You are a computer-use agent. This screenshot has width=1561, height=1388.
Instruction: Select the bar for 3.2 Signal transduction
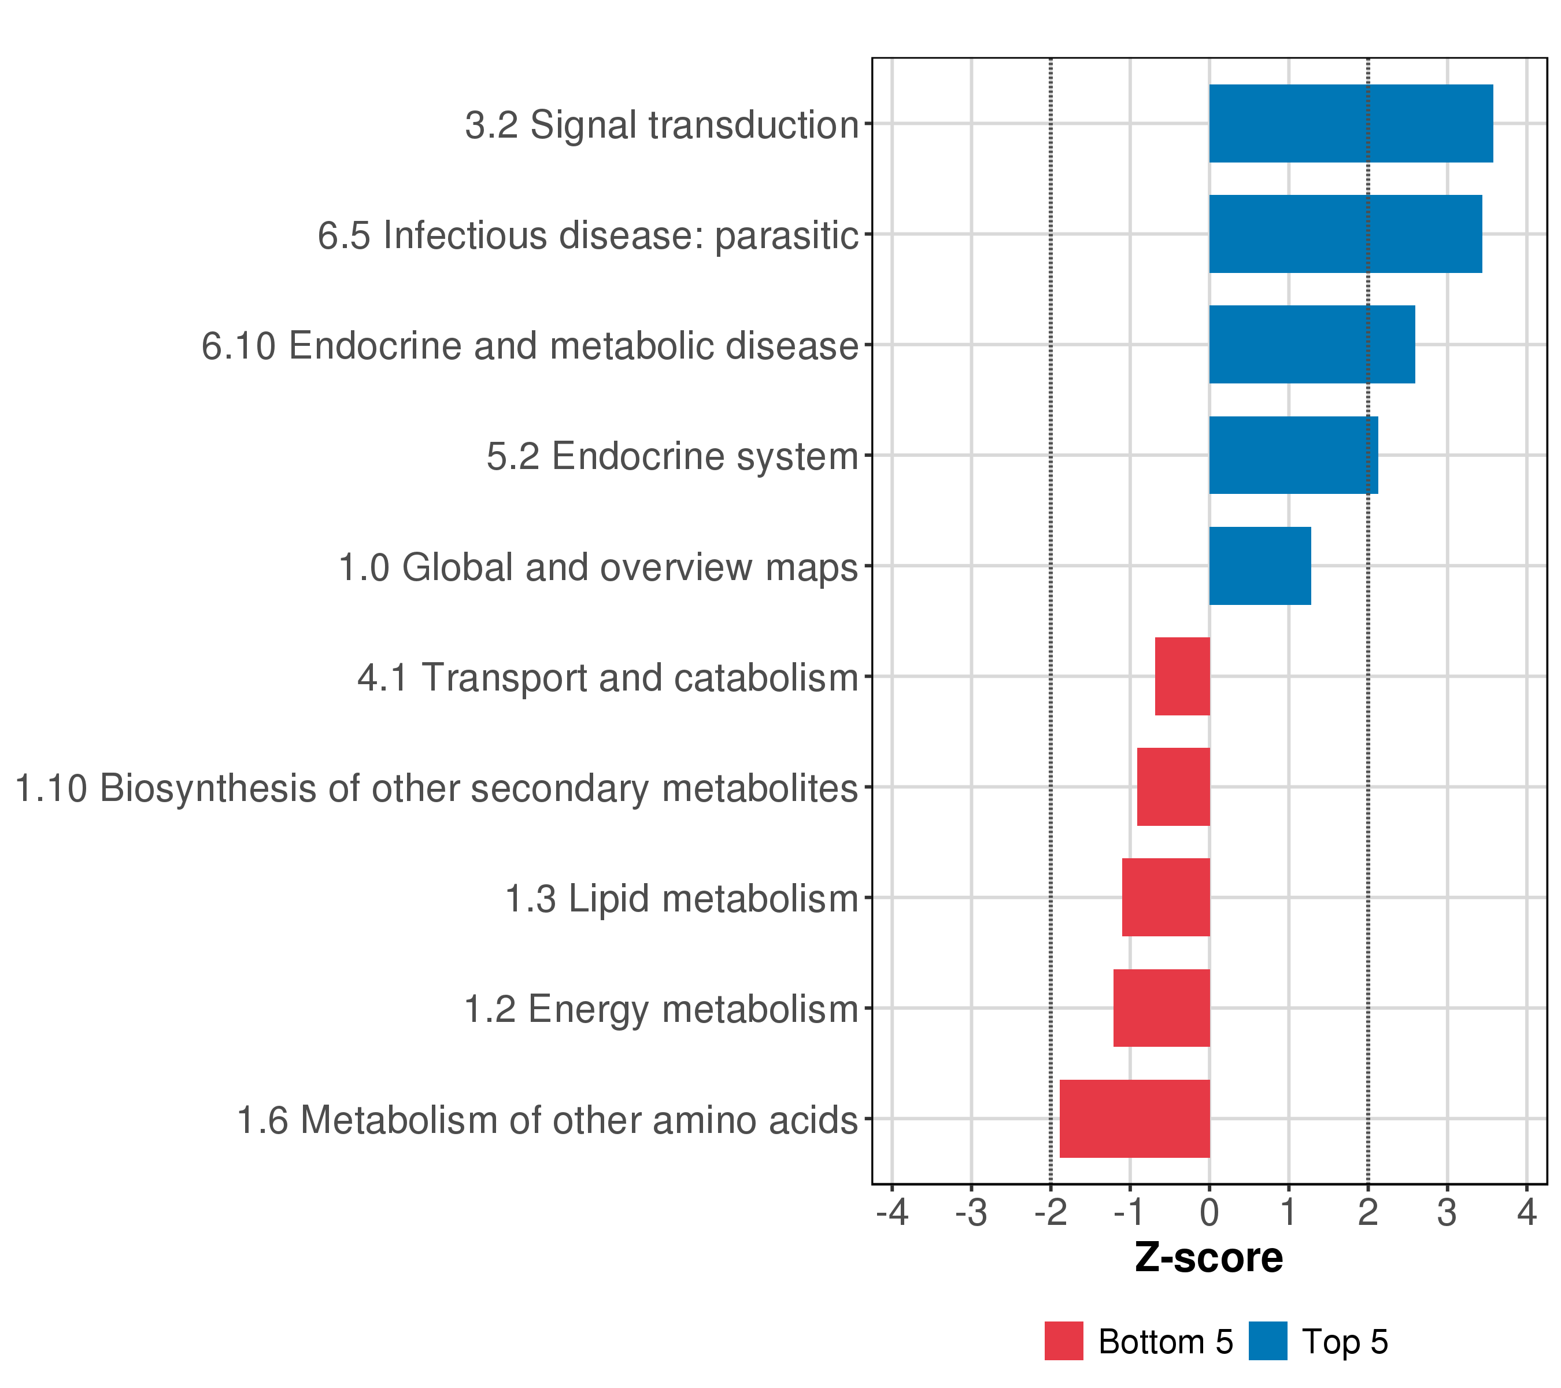[1350, 124]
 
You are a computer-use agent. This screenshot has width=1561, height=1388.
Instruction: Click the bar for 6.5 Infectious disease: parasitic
[1345, 234]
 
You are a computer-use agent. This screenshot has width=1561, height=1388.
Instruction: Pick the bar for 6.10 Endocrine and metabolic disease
[1311, 345]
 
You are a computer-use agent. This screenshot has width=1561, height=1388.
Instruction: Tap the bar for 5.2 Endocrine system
[1293, 455]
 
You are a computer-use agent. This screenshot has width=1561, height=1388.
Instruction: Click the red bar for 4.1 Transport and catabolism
[1182, 676]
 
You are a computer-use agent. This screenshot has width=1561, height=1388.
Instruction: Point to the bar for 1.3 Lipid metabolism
[1166, 897]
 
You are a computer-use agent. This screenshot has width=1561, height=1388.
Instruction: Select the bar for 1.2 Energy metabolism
[1161, 1007]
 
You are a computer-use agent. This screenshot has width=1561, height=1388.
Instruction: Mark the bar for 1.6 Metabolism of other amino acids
[1134, 1118]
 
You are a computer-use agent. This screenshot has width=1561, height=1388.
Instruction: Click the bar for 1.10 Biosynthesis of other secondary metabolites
[1173, 787]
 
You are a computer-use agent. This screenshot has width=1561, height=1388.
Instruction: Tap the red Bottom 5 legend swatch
[1063, 1341]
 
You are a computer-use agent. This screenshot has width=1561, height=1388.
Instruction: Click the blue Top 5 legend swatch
[1268, 1341]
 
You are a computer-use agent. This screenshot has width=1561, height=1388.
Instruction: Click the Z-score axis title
[1208, 1257]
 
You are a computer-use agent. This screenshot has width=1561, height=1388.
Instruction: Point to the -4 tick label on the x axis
[892, 1212]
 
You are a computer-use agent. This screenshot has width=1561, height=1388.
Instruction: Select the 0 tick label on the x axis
[1209, 1212]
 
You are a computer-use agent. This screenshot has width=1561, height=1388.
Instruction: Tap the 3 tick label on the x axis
[1447, 1212]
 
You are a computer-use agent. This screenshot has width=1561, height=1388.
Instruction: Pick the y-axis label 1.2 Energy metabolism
[661, 1009]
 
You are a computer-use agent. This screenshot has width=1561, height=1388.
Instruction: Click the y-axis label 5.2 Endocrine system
[672, 457]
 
